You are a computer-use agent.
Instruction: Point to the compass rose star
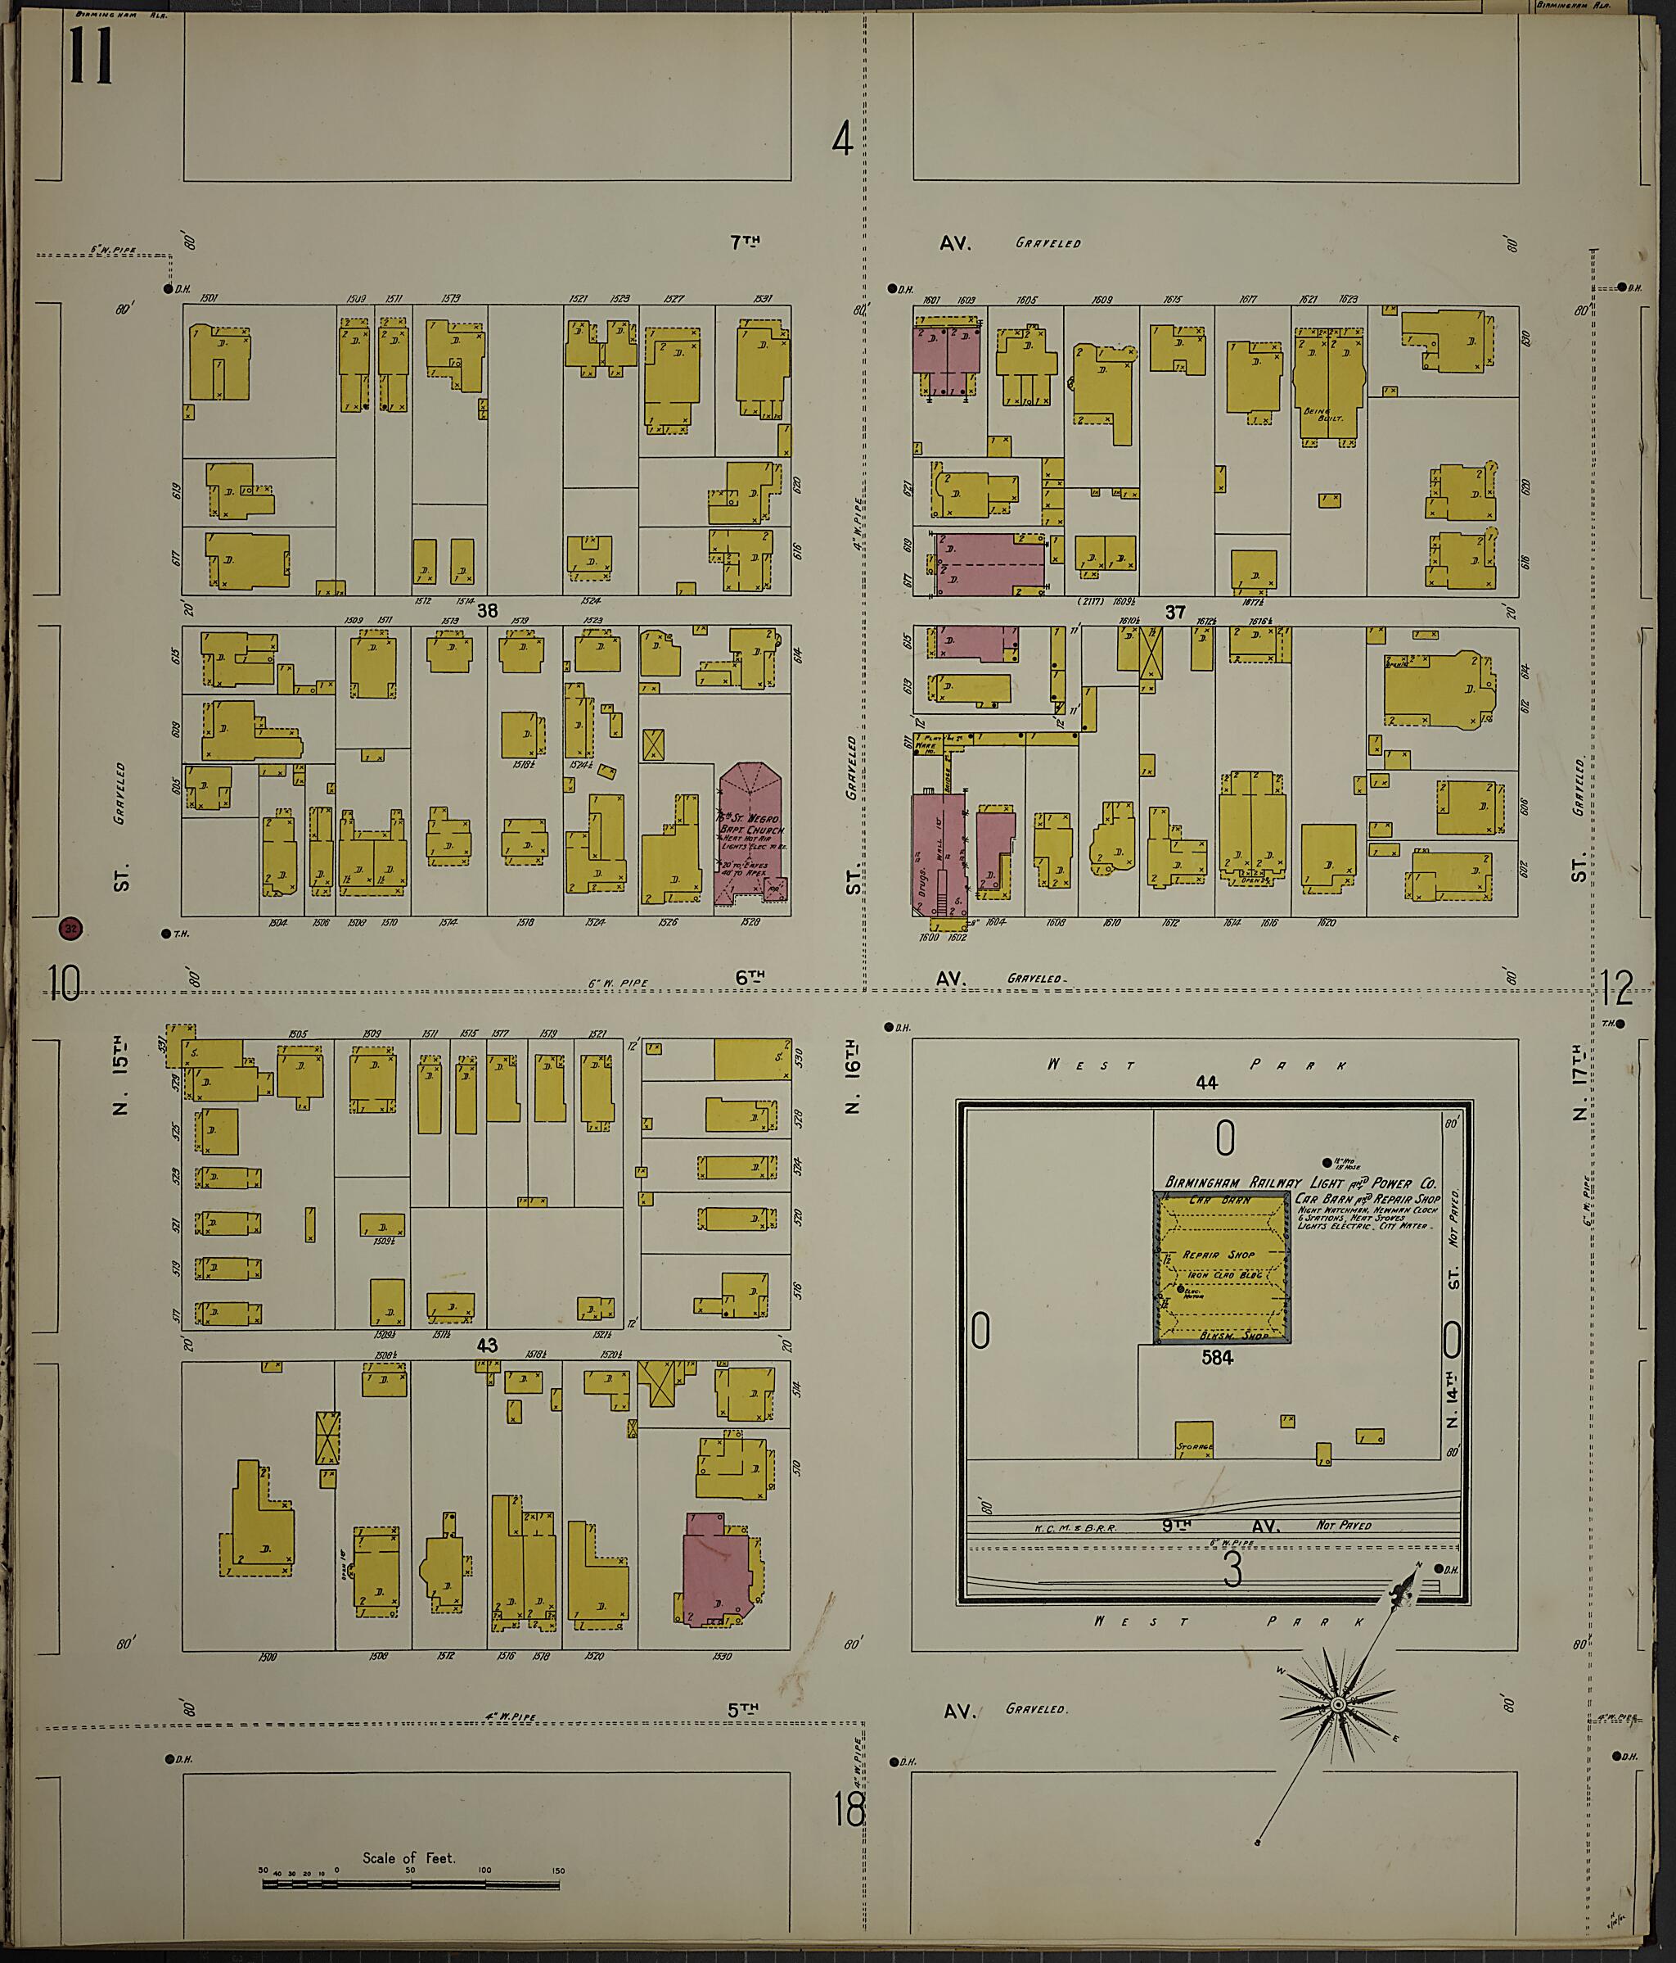tap(1338, 1704)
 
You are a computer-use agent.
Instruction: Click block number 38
tap(487, 611)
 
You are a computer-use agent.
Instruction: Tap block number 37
tap(1174, 612)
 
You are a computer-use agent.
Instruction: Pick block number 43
tap(487, 1345)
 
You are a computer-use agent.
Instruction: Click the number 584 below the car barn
tap(1217, 1358)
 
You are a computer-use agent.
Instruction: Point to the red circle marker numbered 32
tap(69, 929)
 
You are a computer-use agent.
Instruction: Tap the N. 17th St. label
tap(1579, 1080)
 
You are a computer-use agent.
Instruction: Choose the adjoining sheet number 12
tap(1617, 988)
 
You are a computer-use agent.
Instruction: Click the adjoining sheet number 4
tap(842, 139)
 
